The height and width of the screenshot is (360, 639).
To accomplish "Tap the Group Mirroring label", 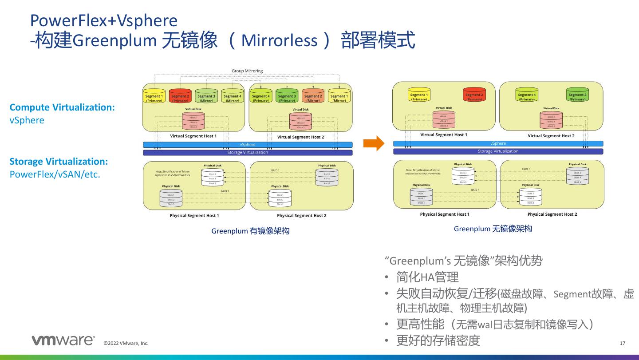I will click(247, 71).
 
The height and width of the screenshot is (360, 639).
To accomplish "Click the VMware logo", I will click(63, 340).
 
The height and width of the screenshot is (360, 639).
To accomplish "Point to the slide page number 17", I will click(622, 343).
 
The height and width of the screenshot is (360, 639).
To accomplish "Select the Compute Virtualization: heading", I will click(62, 107).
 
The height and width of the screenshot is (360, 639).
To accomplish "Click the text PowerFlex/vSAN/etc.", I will click(55, 174).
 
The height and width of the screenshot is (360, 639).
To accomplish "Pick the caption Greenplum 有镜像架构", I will click(250, 231).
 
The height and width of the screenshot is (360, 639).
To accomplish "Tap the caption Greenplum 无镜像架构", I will click(493, 229).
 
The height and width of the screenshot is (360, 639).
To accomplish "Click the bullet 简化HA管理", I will click(427, 277).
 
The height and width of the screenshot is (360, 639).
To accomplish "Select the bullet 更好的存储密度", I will click(438, 340).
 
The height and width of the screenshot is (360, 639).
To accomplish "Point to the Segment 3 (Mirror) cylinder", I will click(206, 96).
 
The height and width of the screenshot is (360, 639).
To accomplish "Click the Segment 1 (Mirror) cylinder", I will click(339, 96).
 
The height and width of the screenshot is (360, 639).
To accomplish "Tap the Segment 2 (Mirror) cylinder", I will click(313, 96).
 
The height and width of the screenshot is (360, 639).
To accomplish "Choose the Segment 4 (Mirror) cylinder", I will click(232, 96).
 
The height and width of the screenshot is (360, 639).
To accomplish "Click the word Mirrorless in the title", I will click(280, 41).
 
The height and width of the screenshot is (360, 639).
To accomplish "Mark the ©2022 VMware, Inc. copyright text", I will click(126, 343).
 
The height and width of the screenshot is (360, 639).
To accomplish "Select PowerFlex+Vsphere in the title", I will click(103, 20).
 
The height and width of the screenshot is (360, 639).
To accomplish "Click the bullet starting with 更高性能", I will click(495, 324).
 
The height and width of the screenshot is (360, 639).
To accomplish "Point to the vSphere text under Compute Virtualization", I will click(27, 120).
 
